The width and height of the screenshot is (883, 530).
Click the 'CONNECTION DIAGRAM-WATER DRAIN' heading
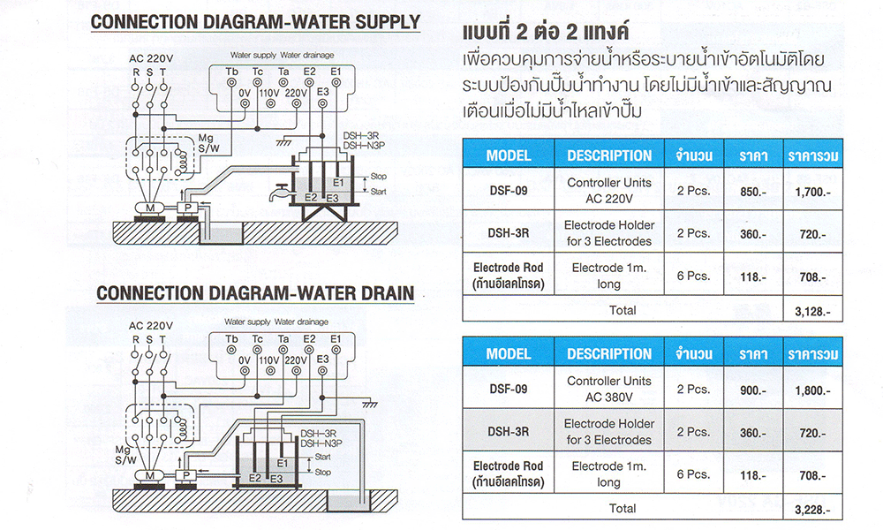click(x=255, y=293)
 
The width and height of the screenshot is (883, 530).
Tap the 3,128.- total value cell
click(x=812, y=311)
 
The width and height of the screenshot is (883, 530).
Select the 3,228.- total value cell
click(x=812, y=510)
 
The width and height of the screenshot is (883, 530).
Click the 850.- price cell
click(x=753, y=192)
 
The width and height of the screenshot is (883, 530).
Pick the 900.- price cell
click(x=753, y=390)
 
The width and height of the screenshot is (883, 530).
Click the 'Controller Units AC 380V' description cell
click(x=609, y=389)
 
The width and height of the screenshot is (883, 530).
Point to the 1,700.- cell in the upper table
click(x=812, y=192)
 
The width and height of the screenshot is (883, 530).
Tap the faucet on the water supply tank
click(x=277, y=193)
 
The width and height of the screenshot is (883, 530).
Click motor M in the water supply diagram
click(x=150, y=208)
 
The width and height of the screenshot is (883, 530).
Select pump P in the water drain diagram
click(x=185, y=476)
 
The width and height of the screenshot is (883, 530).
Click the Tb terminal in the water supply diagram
click(x=231, y=83)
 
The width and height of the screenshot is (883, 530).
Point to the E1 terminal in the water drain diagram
click(x=336, y=350)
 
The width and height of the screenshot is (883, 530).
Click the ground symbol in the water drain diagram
click(x=369, y=405)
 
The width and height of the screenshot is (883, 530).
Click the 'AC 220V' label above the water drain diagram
click(x=150, y=326)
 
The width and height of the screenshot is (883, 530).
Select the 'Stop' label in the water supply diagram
click(x=379, y=177)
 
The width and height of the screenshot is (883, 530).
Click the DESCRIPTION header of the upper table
click(x=609, y=155)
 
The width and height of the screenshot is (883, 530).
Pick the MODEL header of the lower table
click(x=509, y=353)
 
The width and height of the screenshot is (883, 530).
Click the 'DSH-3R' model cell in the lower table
click(x=509, y=431)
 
